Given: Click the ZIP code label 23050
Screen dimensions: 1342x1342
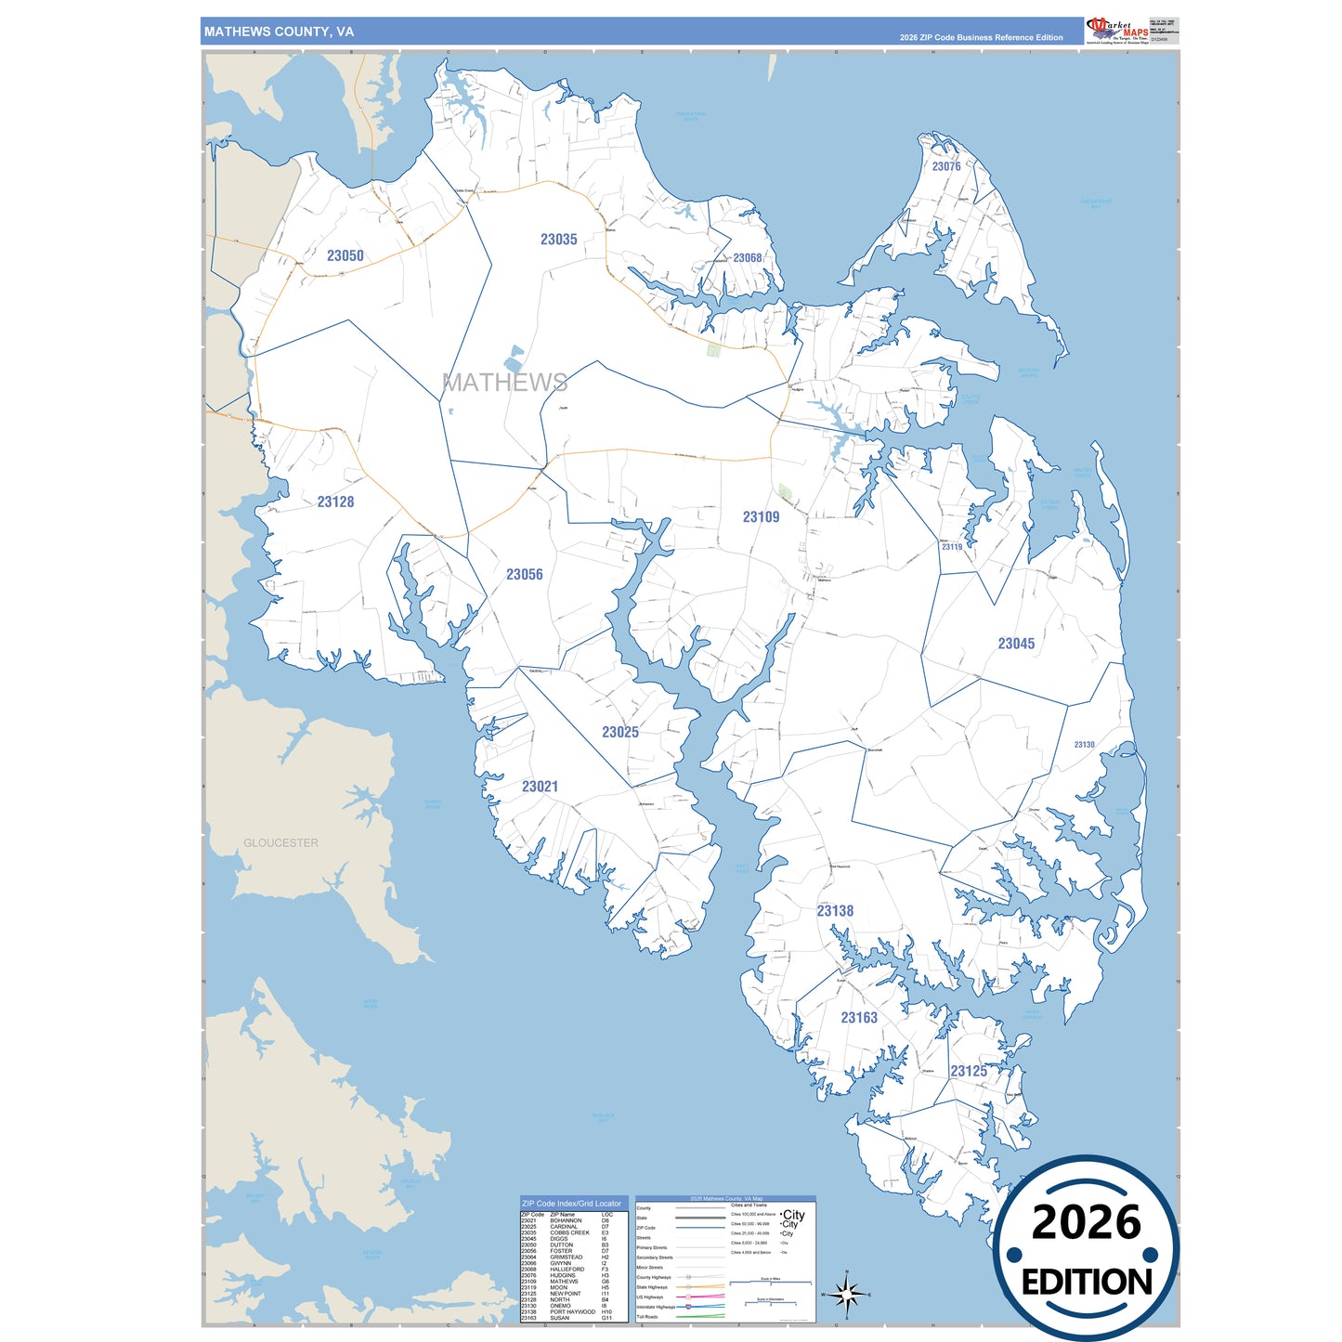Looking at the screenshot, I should coord(345,255).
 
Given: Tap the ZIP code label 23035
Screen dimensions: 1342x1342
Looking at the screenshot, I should coord(558,240).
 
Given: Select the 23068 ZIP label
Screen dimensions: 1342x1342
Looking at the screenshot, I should coord(747,258).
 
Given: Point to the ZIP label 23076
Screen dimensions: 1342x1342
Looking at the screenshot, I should coord(946,166).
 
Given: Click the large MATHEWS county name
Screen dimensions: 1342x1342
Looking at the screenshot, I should coord(504,383).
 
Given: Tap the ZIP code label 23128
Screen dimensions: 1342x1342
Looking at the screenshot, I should coord(335,502).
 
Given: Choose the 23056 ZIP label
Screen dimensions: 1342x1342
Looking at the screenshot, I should coord(524,575).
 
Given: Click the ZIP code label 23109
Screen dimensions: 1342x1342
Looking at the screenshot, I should coord(761,517).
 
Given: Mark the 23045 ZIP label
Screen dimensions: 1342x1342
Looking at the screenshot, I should coord(1016,644).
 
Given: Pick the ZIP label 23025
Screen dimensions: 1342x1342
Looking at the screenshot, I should coord(619,732).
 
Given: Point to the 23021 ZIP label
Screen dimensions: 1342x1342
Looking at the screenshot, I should coord(540,787).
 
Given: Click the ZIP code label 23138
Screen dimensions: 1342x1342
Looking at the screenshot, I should coord(835,911).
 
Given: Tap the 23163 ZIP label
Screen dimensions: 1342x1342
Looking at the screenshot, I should coord(859,1018).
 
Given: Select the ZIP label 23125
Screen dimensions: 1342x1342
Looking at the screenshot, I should coord(969,1071).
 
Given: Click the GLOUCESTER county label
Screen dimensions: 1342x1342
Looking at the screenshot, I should coord(280,843).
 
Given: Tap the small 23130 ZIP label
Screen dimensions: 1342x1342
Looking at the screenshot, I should coord(1084,745).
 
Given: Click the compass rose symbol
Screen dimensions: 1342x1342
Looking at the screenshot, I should coord(846,1294).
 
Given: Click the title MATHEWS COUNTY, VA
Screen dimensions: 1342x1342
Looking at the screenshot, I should coord(279,32).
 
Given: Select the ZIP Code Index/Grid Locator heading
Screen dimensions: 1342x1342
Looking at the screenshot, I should coord(571,1204).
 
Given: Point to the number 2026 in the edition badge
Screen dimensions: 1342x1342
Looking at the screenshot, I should coord(1086,1222).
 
